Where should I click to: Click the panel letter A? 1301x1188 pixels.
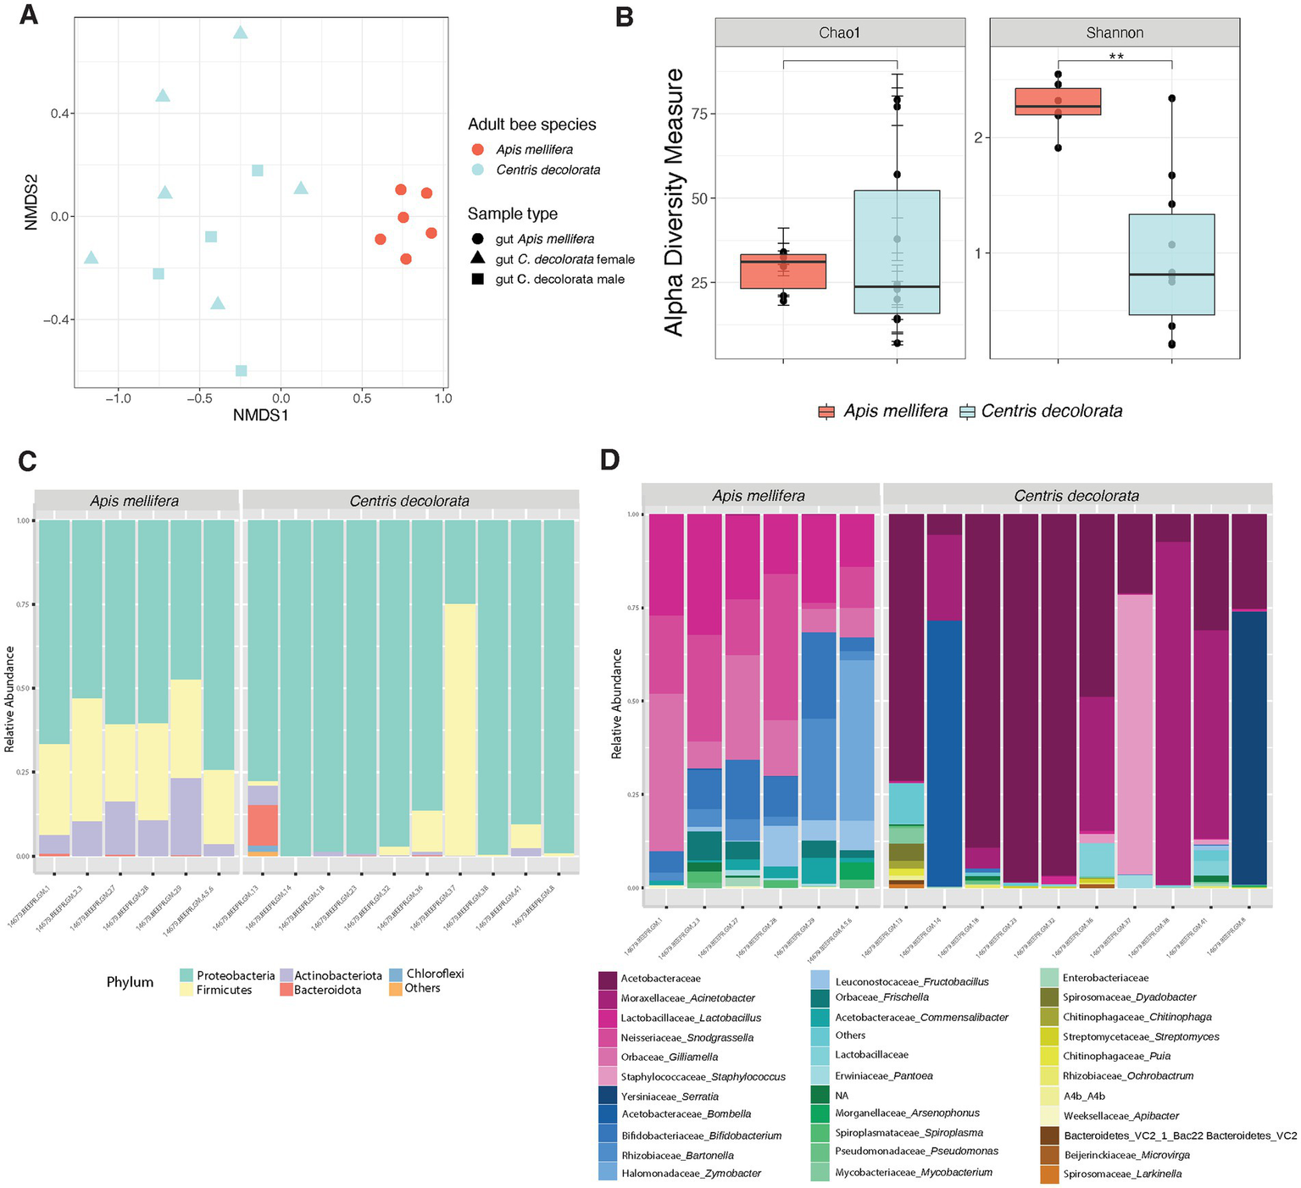coord(28,15)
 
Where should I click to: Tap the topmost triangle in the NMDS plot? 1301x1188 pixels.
coord(241,33)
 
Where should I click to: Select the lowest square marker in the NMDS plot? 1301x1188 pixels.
coord(242,370)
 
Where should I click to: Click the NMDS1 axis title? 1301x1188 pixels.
coord(260,415)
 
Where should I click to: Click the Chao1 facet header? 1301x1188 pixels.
coord(839,33)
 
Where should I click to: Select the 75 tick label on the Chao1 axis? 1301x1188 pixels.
coord(700,114)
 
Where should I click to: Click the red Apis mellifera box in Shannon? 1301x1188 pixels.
coord(1058,102)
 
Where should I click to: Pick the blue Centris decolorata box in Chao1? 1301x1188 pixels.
coord(897,252)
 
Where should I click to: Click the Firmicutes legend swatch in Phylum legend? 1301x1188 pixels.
coord(186,990)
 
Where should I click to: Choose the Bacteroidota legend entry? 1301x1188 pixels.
coord(327,990)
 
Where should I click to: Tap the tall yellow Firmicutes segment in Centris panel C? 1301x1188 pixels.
coord(460,729)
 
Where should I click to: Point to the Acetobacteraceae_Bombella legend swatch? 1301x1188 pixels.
coord(608,1114)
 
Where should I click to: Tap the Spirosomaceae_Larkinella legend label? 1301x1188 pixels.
coord(1122,1174)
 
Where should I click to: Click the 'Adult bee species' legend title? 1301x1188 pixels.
coord(531,125)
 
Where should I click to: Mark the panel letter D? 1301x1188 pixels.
coord(610,460)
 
